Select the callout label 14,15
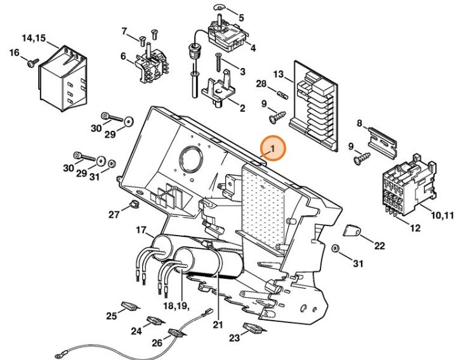(34, 38)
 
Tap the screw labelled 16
(30, 62)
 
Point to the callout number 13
(278, 74)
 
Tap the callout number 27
(114, 215)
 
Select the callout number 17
(141, 229)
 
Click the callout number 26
(157, 343)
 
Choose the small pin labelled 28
(283, 96)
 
